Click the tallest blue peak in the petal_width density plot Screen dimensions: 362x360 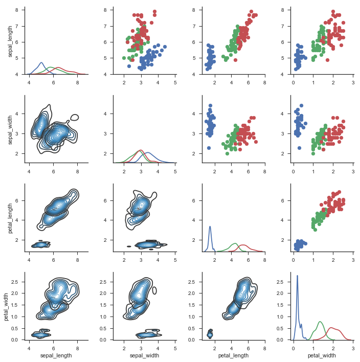pos(297,276)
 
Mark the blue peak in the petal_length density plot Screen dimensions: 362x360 pos(210,225)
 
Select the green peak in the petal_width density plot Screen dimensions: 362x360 pos(320,322)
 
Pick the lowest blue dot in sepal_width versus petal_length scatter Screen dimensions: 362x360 pos(209,148)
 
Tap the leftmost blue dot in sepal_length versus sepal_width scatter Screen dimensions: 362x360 pos(128,66)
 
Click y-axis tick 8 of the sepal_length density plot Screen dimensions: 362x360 pos(17,10)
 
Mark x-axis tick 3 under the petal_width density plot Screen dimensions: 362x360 pos(353,347)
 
